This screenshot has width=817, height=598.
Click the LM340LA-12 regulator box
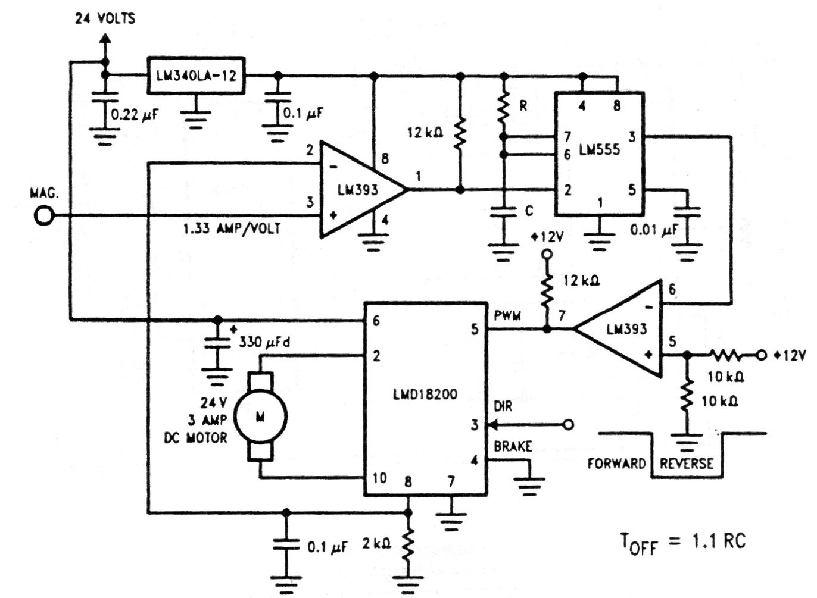coord(196,76)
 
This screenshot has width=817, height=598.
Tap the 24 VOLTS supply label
coord(105,18)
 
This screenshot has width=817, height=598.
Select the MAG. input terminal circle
coord(44,216)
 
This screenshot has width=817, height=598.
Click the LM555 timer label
coord(599,150)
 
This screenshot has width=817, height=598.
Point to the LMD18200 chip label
coord(425,395)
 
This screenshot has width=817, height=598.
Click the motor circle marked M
coord(260,417)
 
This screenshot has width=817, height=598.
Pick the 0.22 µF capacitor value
coord(135,115)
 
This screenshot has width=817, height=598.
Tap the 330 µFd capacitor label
coord(264,342)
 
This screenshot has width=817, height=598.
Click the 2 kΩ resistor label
coord(376,544)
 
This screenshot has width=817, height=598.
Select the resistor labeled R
coord(503,108)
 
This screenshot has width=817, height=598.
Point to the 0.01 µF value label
coord(654,230)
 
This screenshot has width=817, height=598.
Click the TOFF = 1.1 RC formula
coord(683,542)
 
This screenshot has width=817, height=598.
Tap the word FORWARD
coord(616,464)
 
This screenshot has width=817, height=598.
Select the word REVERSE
coord(687,464)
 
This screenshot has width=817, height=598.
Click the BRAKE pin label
coord(513,446)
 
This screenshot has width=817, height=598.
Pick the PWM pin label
coord(507,315)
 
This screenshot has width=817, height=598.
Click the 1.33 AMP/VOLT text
coord(232,228)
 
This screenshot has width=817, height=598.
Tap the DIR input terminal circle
coord(569,424)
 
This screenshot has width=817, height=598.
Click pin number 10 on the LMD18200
coord(380,478)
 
